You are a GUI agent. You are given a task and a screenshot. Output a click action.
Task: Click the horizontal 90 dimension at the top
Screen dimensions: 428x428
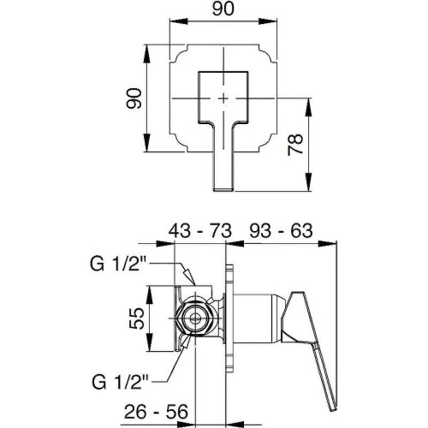click(x=223, y=9)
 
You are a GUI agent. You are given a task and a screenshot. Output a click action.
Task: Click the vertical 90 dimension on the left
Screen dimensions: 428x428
click(x=134, y=98)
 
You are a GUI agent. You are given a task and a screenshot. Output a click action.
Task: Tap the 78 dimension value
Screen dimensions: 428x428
click(x=295, y=145)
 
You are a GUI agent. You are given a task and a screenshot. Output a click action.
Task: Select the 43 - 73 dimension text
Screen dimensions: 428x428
click(x=199, y=231)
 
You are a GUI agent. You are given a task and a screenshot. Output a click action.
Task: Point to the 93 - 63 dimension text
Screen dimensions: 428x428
click(x=281, y=230)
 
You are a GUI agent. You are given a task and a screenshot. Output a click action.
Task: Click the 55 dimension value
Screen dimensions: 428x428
click(x=137, y=318)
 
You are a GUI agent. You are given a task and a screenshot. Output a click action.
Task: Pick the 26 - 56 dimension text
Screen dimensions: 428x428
click(x=156, y=412)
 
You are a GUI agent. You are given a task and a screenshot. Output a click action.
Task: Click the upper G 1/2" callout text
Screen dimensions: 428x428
click(x=118, y=264)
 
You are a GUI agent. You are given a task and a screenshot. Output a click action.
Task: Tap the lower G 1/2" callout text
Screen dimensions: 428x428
click(x=120, y=383)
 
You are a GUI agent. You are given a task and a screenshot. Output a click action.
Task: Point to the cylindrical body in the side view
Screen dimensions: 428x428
click(x=259, y=318)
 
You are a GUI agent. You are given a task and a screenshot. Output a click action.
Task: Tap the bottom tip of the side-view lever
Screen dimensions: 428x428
click(x=334, y=409)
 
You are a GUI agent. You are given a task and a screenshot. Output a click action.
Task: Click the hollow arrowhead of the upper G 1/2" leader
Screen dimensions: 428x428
click(x=188, y=276)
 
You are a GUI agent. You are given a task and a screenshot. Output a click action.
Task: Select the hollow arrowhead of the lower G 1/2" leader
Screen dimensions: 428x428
click(x=185, y=342)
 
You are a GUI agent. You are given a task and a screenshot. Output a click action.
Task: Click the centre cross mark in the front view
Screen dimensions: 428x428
click(x=223, y=98)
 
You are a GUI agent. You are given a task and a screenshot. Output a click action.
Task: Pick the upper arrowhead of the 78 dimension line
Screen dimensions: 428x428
click(x=308, y=107)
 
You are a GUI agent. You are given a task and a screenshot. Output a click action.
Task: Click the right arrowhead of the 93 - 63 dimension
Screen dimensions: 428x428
click(x=328, y=243)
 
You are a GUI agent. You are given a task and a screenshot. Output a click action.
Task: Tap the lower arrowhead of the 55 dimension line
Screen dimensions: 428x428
click(x=149, y=342)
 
